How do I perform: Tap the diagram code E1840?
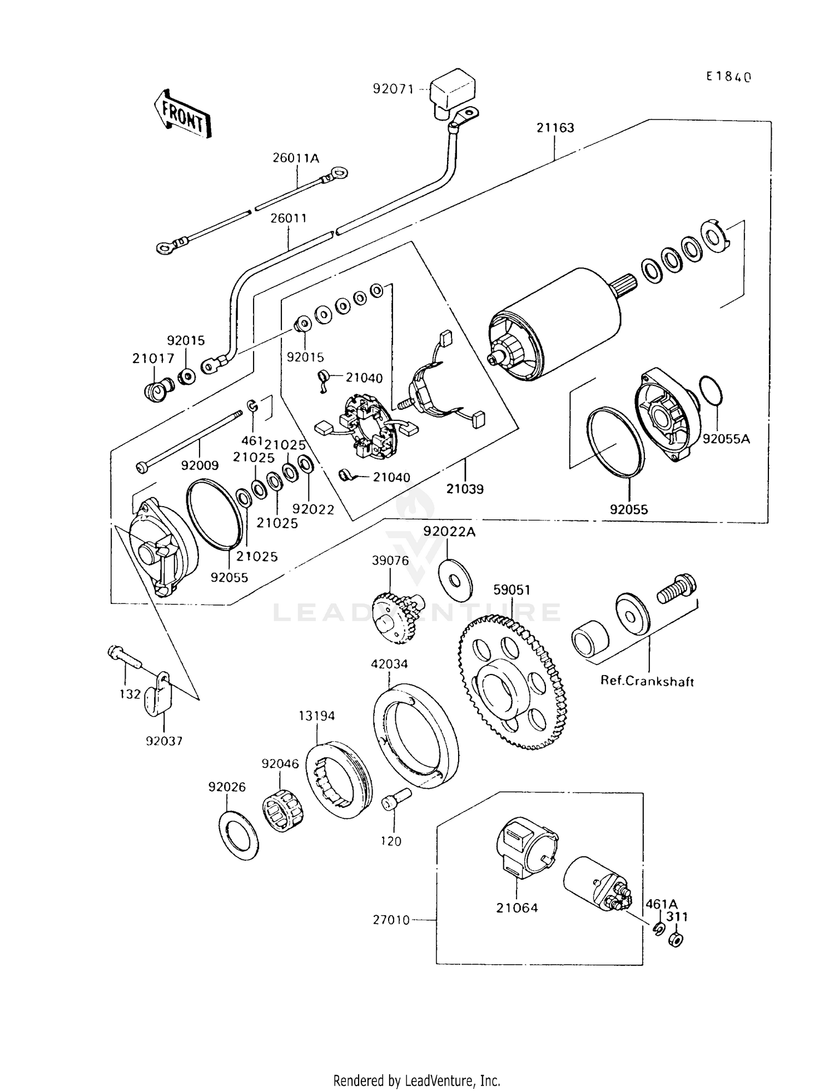pos(728,77)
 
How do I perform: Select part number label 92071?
pos(393,89)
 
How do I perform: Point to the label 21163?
pos(555,128)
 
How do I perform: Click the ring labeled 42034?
pos(415,735)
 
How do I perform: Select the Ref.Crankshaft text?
pos(647,681)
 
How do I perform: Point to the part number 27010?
pos(391,920)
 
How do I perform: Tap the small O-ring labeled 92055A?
pos(711,391)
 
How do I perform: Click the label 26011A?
pos(296,158)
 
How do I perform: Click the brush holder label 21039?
pos(465,489)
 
